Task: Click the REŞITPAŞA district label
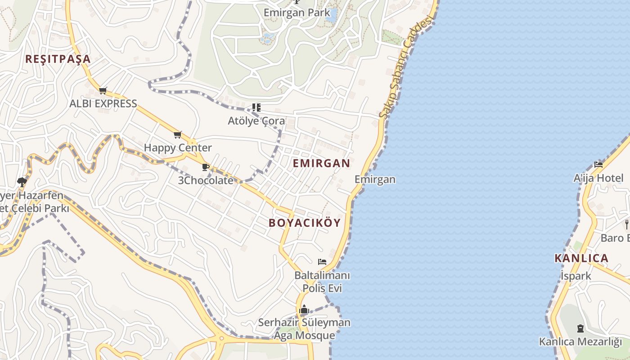tap(58, 59)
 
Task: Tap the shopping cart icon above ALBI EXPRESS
tap(103, 91)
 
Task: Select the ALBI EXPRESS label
tap(103, 103)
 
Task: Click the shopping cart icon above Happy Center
tap(178, 135)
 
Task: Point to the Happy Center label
tap(178, 148)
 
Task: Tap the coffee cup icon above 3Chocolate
tap(206, 167)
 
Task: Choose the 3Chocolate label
tap(206, 180)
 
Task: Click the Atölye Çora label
tap(256, 121)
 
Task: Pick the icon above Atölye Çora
tap(256, 108)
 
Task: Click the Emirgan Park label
tap(297, 13)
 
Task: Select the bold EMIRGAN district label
tap(321, 163)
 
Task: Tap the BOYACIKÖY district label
tap(305, 223)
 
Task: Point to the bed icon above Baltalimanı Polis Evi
tap(322, 261)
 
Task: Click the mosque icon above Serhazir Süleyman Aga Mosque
tap(304, 310)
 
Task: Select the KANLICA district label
tap(581, 258)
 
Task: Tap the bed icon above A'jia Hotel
tap(598, 165)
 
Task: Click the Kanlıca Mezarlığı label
tap(580, 342)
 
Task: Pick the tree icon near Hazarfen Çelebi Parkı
tap(21, 182)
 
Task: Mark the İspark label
tap(576, 276)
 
